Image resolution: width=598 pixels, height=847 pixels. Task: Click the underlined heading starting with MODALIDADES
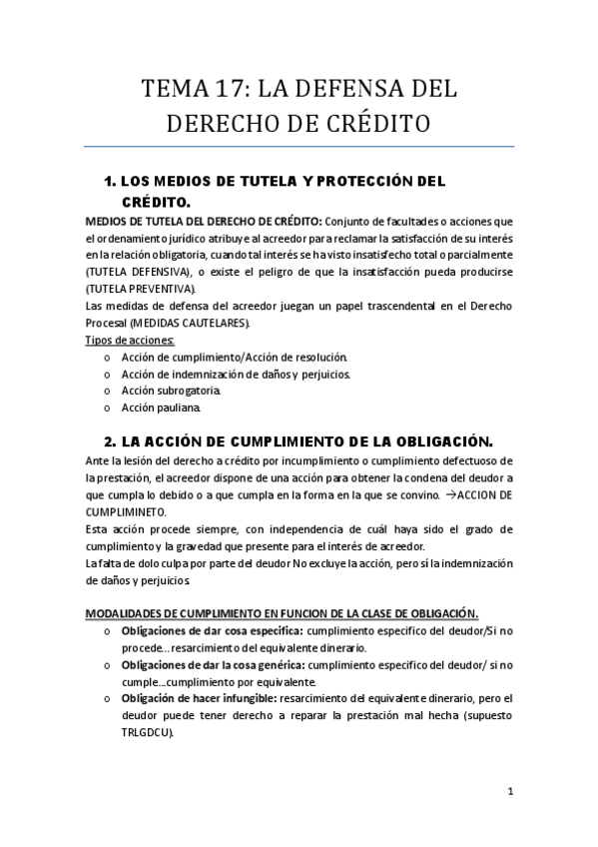coord(281,613)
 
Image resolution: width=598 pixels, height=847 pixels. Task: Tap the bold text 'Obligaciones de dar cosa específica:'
coord(212,630)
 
